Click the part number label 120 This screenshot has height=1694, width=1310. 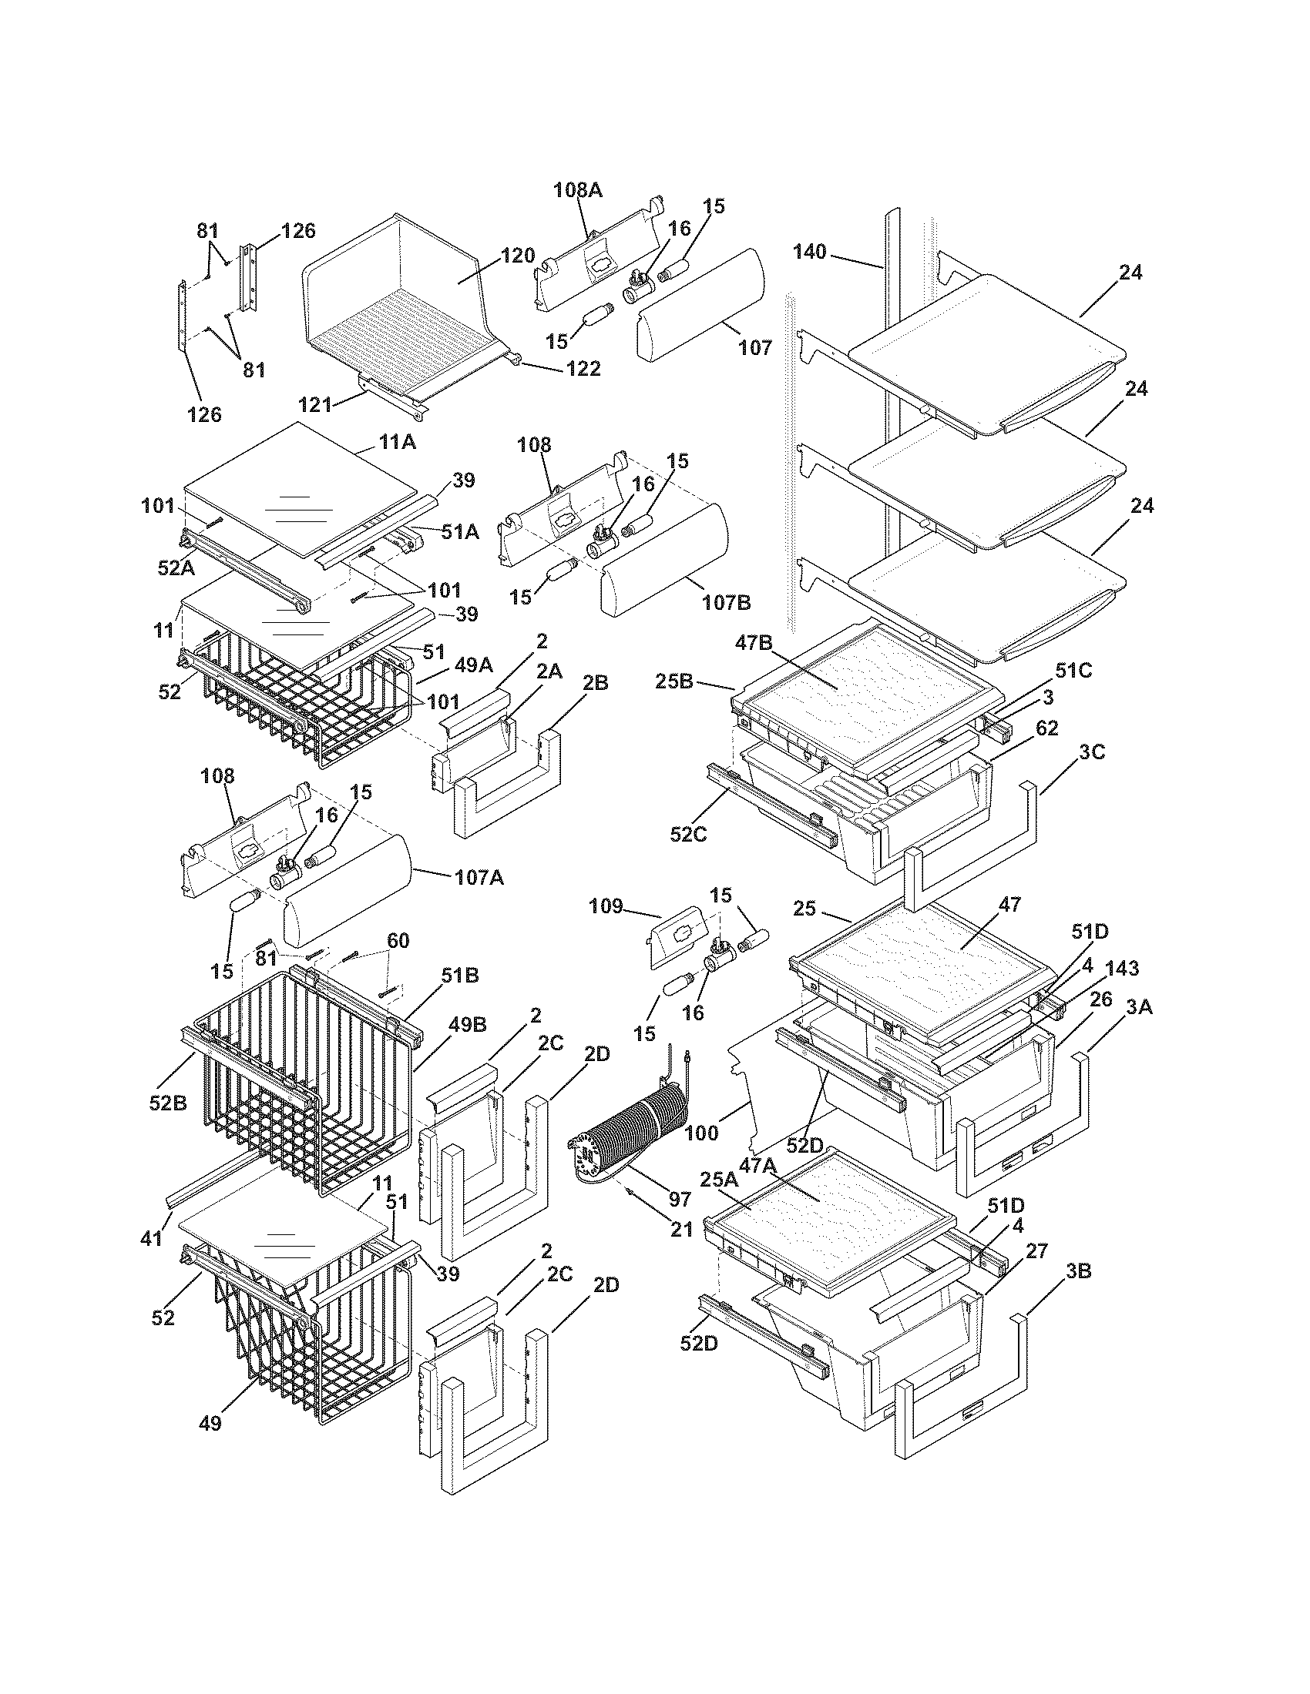tap(518, 255)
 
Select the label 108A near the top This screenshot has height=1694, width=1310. tap(577, 189)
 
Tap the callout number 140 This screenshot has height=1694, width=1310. tap(809, 251)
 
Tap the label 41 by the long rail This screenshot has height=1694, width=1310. tap(152, 1239)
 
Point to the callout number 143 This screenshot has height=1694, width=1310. tap(1122, 968)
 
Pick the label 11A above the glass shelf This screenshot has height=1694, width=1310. tap(397, 442)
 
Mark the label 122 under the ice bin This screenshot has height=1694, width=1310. tap(583, 368)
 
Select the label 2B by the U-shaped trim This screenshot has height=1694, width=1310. tap(594, 682)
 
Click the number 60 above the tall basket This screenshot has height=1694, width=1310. tap(398, 941)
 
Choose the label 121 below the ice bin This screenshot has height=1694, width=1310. tap(315, 404)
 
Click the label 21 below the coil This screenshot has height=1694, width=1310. tap(681, 1230)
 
